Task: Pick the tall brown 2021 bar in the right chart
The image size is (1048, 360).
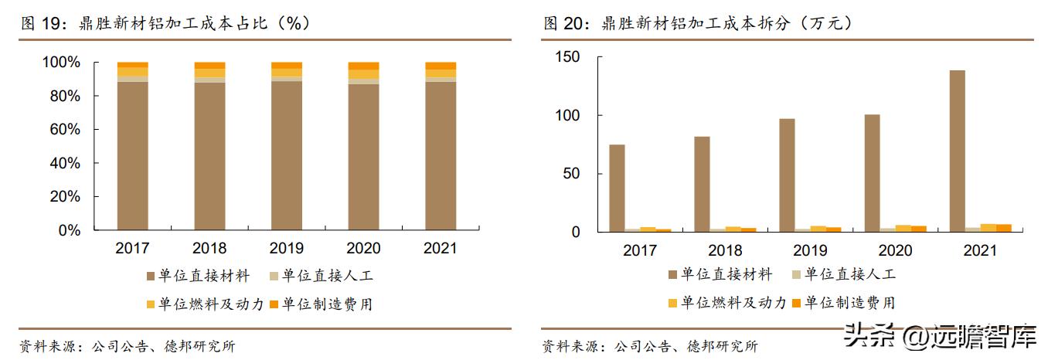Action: point(957,151)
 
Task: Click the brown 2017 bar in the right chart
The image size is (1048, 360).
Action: point(617,188)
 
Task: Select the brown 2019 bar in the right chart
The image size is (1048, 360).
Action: point(787,175)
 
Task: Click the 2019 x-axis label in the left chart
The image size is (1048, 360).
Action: point(286,249)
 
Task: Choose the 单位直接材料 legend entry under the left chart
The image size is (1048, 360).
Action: point(199,275)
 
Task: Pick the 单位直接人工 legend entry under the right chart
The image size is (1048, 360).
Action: point(842,273)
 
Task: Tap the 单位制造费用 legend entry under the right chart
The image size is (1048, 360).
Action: point(842,302)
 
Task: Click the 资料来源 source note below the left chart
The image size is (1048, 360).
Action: point(128,346)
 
